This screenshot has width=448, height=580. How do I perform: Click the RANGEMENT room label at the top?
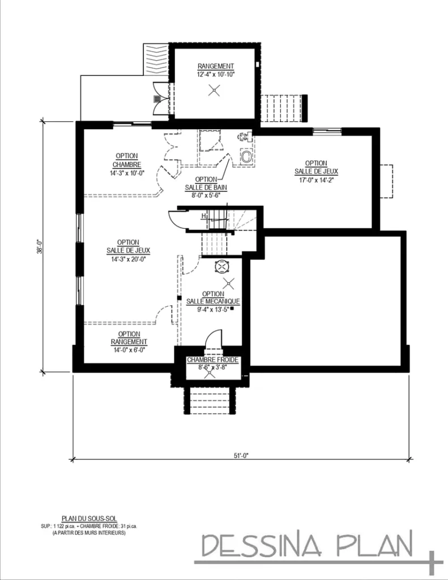click(215, 66)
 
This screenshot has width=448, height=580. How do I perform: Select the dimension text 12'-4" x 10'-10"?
click(215, 74)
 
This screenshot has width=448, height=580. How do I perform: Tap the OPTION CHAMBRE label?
click(127, 160)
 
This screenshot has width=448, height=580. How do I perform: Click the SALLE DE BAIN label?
click(206, 187)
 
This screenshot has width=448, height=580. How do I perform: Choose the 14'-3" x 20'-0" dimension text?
click(127, 258)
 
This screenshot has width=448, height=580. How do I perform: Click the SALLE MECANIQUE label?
click(213, 301)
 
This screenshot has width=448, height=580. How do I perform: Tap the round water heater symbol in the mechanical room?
click(221, 266)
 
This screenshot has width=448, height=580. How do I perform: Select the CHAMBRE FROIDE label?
click(213, 360)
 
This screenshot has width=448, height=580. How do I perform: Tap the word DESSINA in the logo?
click(261, 547)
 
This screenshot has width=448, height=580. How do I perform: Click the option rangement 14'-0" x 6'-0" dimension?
click(129, 350)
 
